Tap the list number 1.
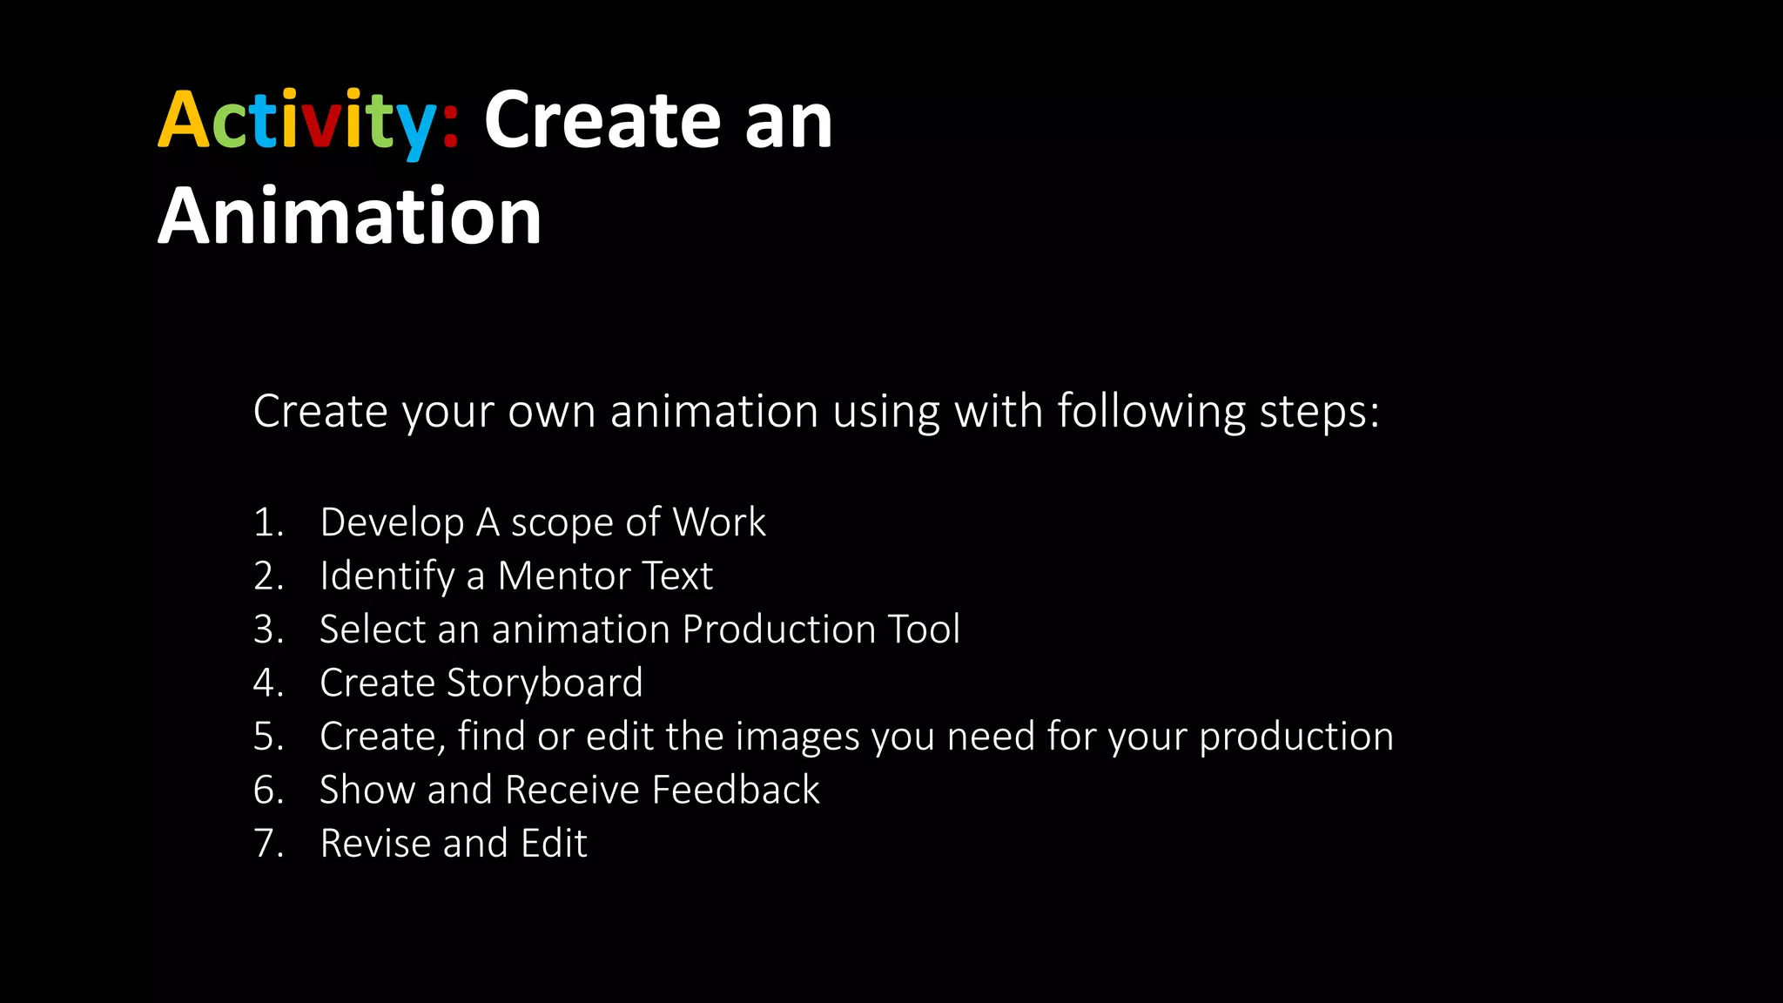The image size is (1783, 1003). coord(267,522)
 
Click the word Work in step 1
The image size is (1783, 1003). coord(719,522)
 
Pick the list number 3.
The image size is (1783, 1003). coord(268,629)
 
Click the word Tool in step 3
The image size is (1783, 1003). coord(924,629)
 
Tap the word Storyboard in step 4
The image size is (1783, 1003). coord(544,683)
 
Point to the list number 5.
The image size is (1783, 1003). coord(268,737)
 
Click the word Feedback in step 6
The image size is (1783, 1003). coord(736,790)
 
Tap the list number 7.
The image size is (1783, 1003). coord(268,844)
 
